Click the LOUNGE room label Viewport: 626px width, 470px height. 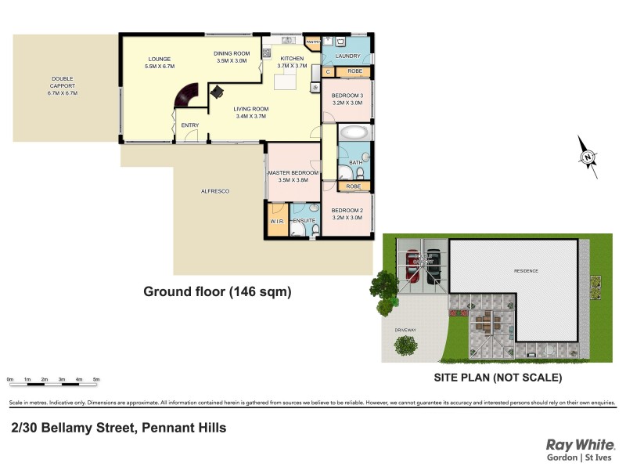tap(160, 59)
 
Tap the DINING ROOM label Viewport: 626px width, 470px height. tap(231, 53)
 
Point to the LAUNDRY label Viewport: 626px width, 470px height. tap(347, 56)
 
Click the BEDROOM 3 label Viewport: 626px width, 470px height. tap(347, 96)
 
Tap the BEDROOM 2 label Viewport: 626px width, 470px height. tap(347, 211)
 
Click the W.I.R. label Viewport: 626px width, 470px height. tap(276, 221)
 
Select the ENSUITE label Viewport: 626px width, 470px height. tap(304, 221)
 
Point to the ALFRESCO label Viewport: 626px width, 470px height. tap(214, 190)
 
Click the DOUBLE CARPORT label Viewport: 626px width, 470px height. tap(63, 82)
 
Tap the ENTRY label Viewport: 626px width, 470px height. tap(190, 125)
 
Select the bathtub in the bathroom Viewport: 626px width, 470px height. tap(354, 132)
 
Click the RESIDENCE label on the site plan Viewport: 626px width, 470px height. tap(526, 271)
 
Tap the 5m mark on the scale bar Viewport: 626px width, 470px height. tap(96, 379)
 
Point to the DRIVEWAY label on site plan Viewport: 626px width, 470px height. tap(405, 330)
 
